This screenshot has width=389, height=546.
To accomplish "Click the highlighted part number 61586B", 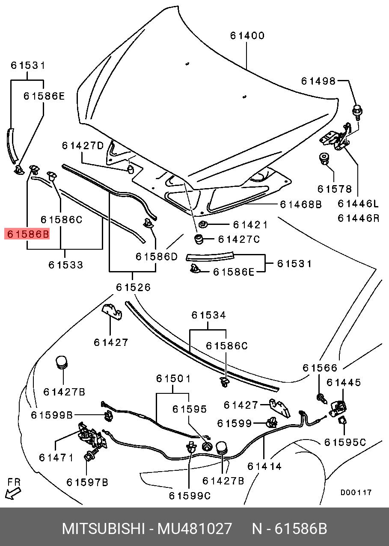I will (x=27, y=234).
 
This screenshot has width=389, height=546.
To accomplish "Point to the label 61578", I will (x=334, y=189).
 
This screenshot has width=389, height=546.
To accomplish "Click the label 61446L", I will (x=358, y=203).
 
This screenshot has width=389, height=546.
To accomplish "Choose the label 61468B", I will (x=300, y=204).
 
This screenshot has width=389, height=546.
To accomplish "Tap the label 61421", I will (x=250, y=225).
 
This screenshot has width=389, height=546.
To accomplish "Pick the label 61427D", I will (x=83, y=146).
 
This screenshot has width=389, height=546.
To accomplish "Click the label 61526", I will (x=133, y=287).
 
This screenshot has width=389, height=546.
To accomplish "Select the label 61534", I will (x=208, y=315).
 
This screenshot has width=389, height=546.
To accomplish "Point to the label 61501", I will (x=173, y=378).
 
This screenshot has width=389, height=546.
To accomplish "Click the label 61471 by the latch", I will (x=56, y=457).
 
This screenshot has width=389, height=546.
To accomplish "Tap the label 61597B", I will (x=87, y=482).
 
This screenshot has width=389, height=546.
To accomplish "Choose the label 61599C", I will (x=190, y=496).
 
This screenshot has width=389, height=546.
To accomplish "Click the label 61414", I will (x=264, y=466).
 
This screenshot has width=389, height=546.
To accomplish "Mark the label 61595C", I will (x=345, y=442).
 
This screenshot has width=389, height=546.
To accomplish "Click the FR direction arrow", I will (x=13, y=492).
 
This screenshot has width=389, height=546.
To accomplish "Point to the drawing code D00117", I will (x=356, y=493).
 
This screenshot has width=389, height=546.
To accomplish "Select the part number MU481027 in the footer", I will (x=195, y=529).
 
